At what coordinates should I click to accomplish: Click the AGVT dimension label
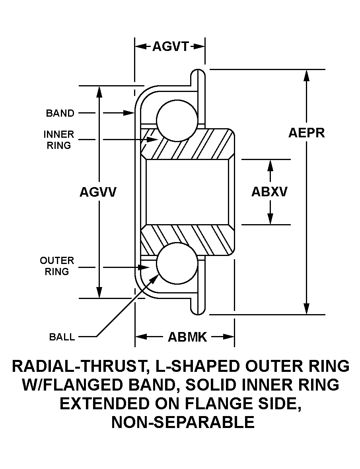click(171, 47)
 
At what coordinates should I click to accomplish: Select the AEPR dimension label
click(307, 133)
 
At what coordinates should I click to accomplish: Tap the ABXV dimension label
click(269, 192)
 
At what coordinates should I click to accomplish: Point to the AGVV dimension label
click(98, 192)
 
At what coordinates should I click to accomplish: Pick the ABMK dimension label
click(187, 337)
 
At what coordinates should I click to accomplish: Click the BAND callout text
click(60, 113)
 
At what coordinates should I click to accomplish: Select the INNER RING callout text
click(59, 140)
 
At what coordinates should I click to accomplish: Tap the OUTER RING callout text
click(57, 266)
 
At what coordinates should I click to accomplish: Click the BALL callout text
click(62, 337)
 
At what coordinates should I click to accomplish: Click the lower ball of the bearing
click(177, 264)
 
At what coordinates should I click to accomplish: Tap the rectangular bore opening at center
click(187, 192)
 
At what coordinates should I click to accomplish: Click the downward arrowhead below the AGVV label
click(99, 292)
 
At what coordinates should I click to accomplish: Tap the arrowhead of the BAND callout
click(129, 113)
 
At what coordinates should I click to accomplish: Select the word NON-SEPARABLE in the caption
click(183, 422)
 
